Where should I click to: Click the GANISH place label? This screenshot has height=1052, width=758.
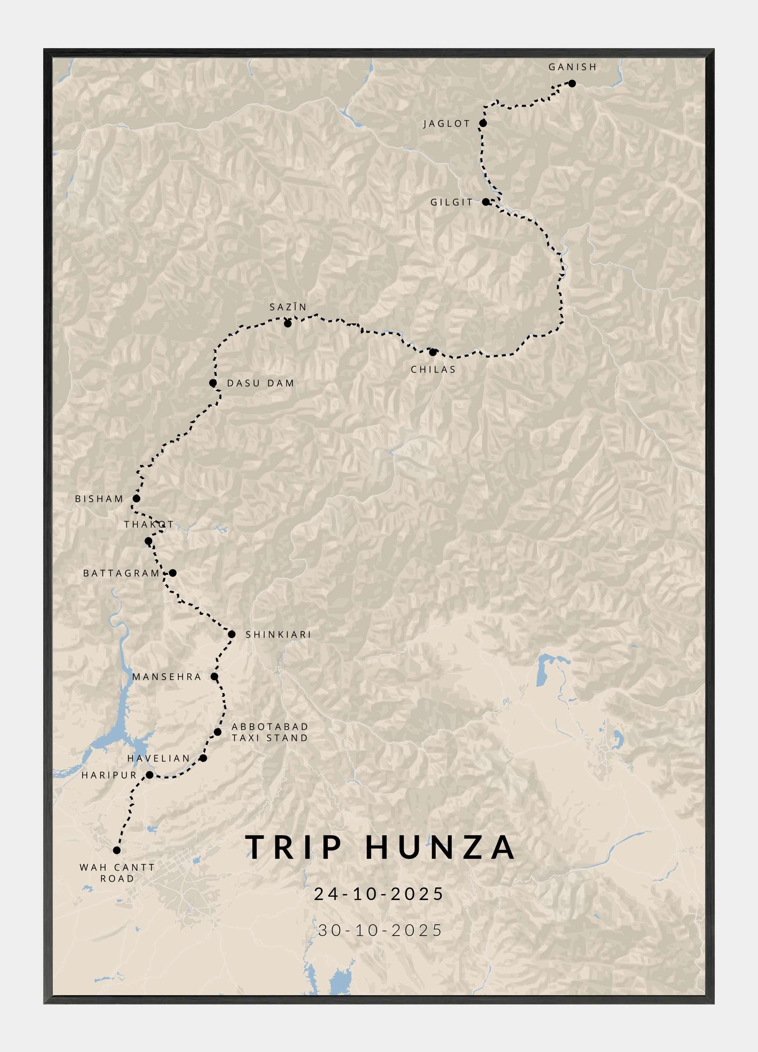[572, 67]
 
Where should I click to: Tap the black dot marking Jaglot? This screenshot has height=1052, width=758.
[483, 123]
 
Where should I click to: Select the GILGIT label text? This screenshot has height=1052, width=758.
[452, 203]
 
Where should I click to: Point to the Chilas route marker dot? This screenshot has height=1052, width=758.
[433, 352]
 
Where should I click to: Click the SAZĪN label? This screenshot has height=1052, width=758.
[288, 307]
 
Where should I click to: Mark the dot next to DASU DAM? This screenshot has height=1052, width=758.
[212, 383]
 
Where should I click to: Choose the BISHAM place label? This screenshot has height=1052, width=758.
[99, 499]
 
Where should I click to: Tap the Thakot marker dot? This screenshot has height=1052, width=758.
[148, 541]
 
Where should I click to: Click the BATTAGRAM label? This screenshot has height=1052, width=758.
[121, 573]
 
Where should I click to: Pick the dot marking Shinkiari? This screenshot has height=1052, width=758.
[231, 634]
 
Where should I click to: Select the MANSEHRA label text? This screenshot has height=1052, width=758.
[167, 677]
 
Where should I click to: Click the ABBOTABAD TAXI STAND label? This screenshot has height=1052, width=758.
[270, 732]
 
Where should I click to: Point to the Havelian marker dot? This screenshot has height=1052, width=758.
[203, 758]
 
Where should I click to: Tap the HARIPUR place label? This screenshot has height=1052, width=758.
[109, 775]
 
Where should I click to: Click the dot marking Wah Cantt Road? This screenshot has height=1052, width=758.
[116, 850]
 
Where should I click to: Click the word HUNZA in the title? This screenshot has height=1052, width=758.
[440, 848]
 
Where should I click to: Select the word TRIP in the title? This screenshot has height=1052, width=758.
[294, 848]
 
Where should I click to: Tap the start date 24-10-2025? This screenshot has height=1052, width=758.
[379, 894]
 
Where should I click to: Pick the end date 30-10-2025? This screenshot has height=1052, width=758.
[380, 930]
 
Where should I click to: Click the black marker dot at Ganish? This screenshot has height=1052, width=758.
[572, 83]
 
